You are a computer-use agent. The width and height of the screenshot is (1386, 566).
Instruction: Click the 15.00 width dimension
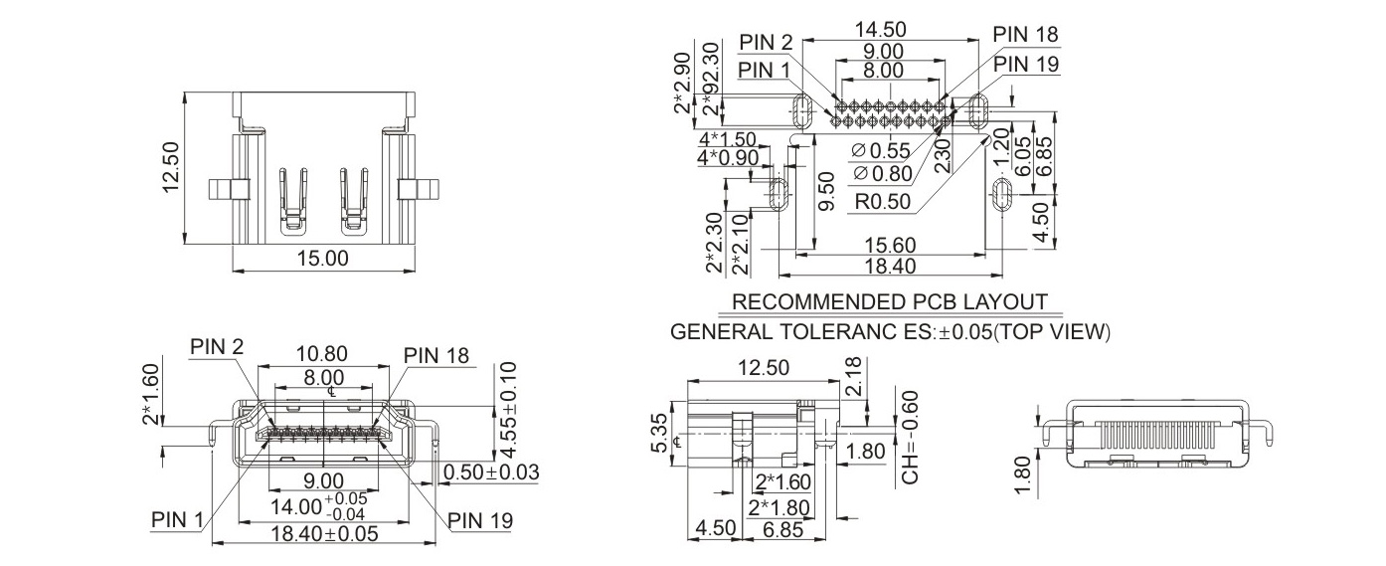pos(323,259)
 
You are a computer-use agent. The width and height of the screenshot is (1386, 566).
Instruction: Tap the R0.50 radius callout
pos(882,202)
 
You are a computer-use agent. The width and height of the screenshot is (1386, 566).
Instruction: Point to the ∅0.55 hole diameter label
pos(881,151)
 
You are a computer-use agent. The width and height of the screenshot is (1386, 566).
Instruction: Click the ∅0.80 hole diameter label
pos(882,174)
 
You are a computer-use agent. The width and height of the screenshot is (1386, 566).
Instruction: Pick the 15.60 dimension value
pos(890,246)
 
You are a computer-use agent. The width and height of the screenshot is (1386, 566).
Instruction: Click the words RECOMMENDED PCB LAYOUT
pos(890,302)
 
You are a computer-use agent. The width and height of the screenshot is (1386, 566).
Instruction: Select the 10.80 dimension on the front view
pos(322,354)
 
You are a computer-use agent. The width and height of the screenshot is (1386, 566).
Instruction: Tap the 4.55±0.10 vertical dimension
pos(507,410)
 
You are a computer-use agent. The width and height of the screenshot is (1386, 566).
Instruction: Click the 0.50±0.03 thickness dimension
pos(491,472)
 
